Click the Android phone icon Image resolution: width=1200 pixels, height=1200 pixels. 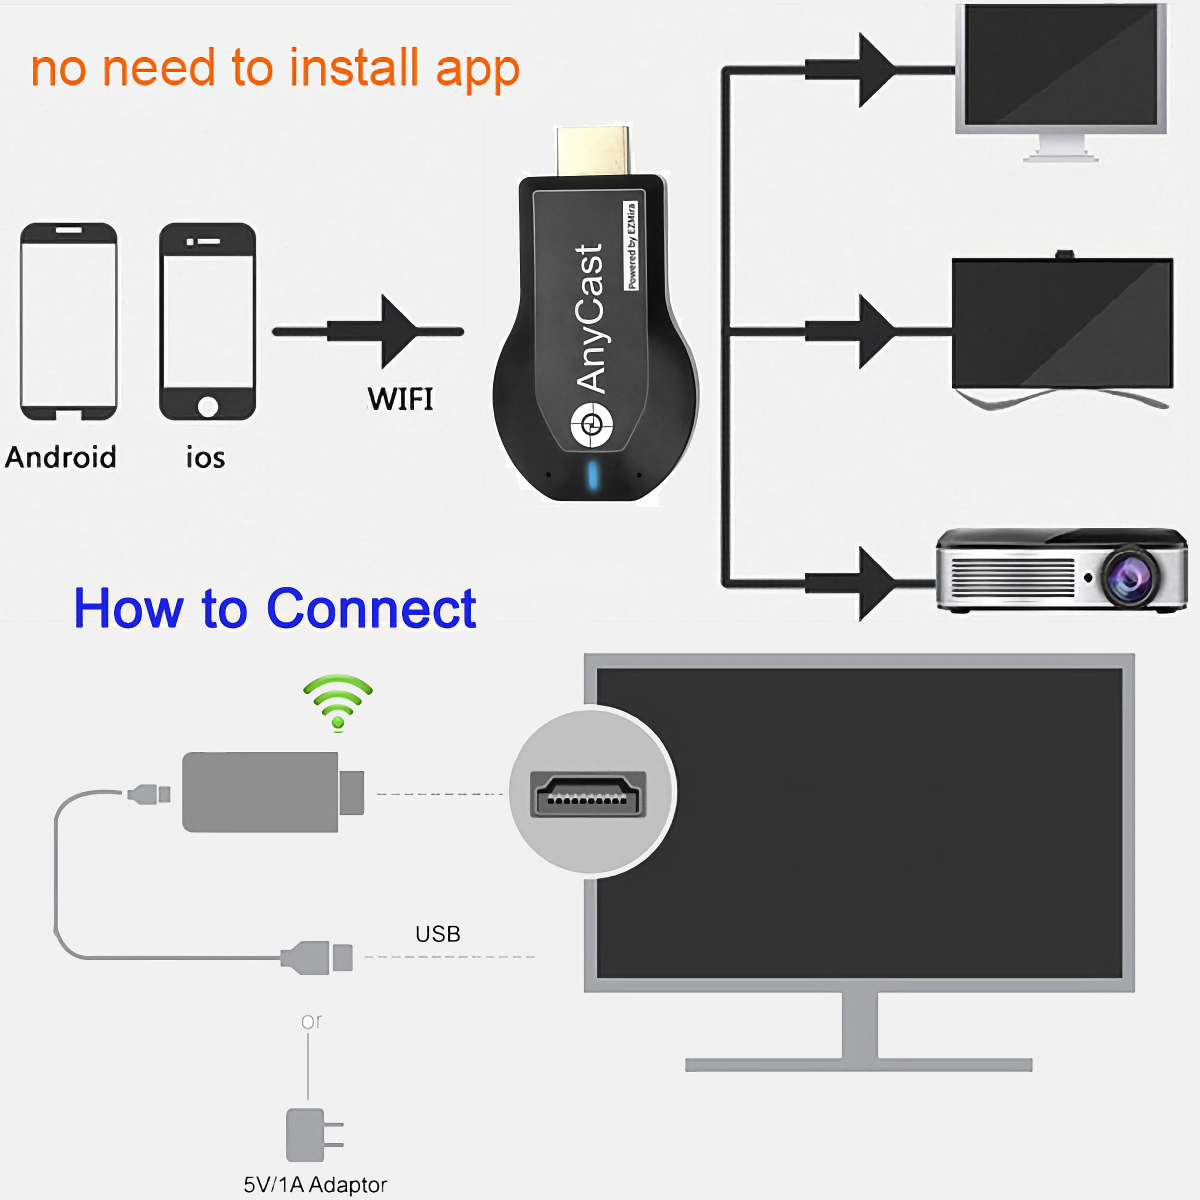68,321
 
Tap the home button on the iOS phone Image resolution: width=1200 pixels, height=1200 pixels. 207,407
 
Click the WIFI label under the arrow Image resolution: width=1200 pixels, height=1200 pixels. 400,399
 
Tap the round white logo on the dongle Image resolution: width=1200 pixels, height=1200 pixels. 591,425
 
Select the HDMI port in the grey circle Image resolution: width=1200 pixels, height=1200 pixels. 587,794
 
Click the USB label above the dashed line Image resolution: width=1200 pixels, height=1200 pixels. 438,934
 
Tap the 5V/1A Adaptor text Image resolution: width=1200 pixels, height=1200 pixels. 315,1184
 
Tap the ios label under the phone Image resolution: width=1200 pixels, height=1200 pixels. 205,458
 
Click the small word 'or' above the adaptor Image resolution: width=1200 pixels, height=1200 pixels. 311,1021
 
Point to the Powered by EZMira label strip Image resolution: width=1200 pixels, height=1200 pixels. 631,245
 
